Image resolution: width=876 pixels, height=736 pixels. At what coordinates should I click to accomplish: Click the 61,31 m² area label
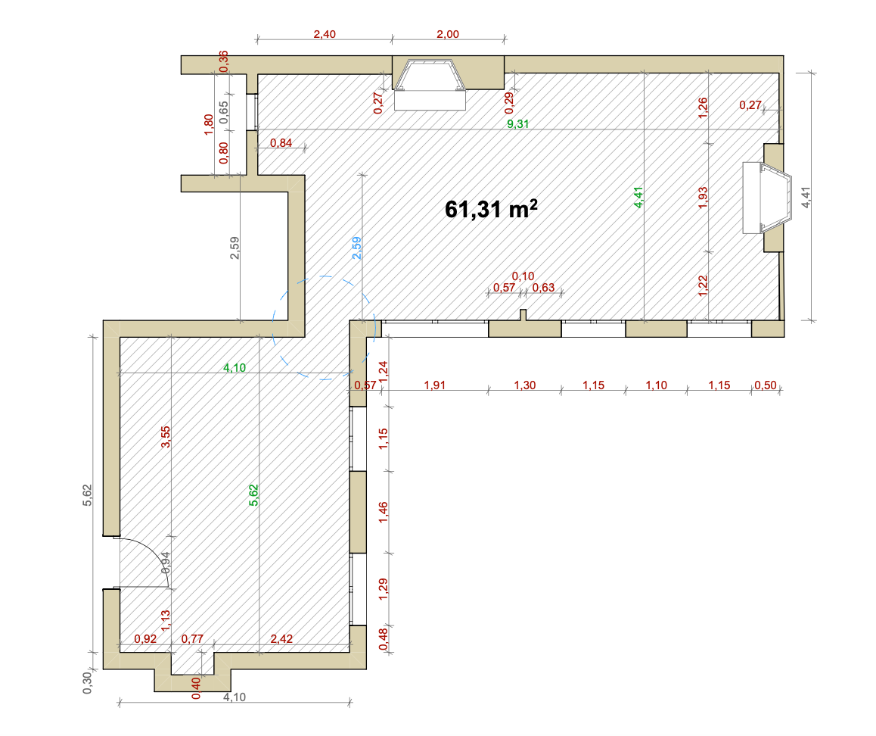491,209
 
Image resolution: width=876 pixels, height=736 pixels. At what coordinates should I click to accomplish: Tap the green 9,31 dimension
518,123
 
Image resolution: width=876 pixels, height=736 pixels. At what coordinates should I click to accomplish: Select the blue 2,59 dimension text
357,248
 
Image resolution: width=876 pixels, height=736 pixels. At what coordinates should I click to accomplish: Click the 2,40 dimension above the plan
325,34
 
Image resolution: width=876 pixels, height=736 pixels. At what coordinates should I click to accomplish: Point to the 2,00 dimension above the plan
448,34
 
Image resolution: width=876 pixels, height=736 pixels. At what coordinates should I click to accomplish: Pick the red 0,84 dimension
281,142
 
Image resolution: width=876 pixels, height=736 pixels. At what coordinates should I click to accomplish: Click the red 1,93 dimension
703,198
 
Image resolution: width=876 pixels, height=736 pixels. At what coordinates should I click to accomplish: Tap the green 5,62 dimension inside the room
253,495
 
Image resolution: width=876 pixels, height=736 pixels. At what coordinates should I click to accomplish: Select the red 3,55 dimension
166,437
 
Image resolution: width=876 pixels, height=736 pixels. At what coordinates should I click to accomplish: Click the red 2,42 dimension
281,638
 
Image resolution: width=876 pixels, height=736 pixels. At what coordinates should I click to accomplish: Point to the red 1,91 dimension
435,385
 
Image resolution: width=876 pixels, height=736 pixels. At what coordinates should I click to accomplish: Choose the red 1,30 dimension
524,385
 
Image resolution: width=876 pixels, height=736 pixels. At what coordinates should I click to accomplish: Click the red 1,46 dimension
384,513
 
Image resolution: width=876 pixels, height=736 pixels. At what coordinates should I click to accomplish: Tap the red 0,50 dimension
766,385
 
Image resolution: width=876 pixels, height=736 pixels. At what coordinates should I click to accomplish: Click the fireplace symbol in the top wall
430,84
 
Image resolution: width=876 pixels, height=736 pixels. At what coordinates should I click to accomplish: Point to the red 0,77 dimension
192,638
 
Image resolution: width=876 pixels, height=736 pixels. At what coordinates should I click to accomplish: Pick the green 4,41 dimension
638,198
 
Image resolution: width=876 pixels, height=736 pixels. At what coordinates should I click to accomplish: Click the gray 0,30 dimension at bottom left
88,683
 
